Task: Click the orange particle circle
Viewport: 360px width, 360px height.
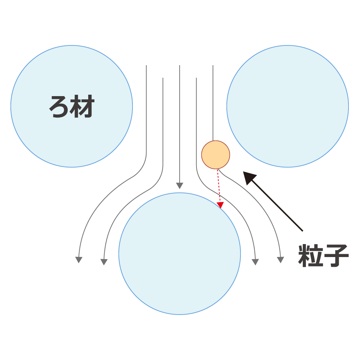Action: point(216,155)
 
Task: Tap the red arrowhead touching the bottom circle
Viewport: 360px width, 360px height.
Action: point(220,205)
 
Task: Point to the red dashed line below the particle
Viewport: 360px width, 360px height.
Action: point(219,186)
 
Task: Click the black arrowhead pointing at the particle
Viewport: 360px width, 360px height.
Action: point(249,177)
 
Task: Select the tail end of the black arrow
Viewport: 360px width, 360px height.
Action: point(303,231)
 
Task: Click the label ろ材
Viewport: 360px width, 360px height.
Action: point(72,106)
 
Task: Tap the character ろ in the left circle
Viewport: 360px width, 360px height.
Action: point(59,107)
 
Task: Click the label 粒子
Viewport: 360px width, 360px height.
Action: point(323,256)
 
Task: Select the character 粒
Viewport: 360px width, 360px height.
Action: point(310,256)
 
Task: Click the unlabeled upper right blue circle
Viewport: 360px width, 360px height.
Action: point(288,106)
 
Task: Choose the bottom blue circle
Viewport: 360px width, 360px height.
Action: point(180,253)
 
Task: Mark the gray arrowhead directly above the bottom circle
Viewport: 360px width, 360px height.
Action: point(180,185)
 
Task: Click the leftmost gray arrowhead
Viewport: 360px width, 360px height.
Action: point(79,260)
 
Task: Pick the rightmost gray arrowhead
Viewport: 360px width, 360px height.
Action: point(280,260)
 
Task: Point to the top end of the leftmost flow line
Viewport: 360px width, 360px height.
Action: point(146,66)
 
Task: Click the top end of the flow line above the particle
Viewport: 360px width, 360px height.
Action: point(213,66)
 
